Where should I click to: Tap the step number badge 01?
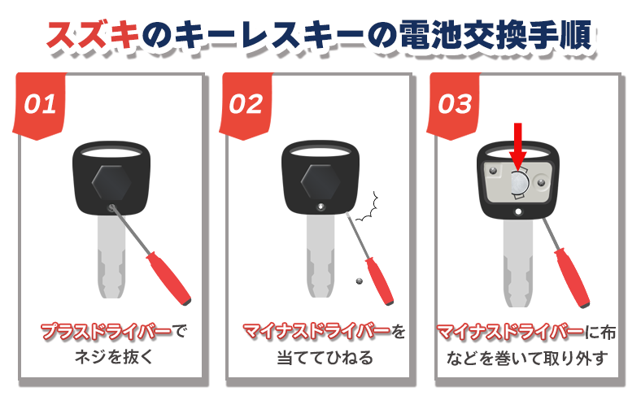pos(39,105)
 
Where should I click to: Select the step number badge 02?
pos(245,105)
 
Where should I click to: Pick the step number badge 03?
pos(455,105)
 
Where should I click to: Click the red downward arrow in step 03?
pos(517,151)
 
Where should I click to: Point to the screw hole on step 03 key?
pos(518,212)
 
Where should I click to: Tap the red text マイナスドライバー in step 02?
pos(315,332)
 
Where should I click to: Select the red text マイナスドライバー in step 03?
pos(510,332)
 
